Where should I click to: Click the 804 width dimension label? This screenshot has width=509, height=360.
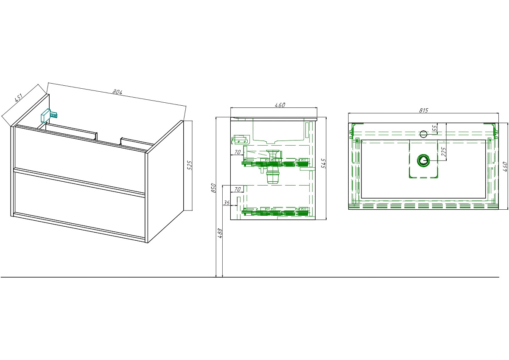coord(117,92)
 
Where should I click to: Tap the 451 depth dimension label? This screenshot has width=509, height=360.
coord(19,97)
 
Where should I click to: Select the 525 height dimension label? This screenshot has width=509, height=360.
coord(190,165)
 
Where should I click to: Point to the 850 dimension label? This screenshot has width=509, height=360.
coord(213,188)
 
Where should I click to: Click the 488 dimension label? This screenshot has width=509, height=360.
coord(220,233)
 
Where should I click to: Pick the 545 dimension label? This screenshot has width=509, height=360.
coord(324,163)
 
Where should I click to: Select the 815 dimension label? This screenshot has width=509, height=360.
coord(424,110)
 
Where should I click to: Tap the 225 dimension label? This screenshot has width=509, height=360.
coord(443,152)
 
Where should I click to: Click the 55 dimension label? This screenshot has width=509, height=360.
coord(434,128)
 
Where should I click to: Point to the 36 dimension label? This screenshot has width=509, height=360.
coord(227,202)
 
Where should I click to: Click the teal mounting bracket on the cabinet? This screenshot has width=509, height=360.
coord(48,115)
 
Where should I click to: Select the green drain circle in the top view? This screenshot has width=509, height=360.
coord(423,160)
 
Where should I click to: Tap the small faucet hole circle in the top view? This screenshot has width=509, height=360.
coord(423,134)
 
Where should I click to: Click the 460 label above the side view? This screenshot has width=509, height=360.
coord(280,105)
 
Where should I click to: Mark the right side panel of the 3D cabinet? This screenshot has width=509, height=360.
coord(165,182)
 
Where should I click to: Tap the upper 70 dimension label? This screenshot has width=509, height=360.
coord(237,152)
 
